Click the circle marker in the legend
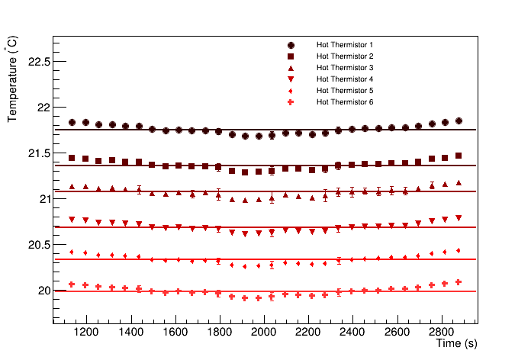[291, 45]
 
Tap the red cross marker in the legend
[291, 102]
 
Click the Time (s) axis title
[456, 345]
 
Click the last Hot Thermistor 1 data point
[459, 121]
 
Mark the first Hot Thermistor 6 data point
[72, 284]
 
